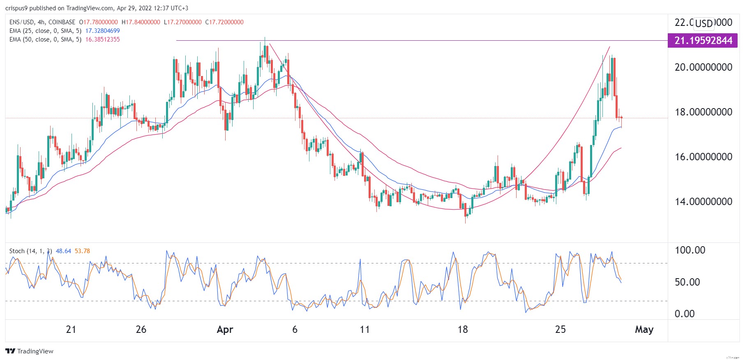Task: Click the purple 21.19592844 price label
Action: tap(703, 41)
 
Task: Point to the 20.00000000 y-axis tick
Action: tap(703, 67)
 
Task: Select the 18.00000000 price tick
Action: tap(703, 112)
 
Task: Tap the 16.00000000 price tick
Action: tap(703, 157)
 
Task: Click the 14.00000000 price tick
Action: tap(703, 201)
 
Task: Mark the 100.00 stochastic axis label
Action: tap(690, 250)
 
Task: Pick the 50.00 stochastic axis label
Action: tap(687, 282)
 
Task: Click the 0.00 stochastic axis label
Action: tap(685, 314)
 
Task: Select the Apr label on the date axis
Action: tap(225, 330)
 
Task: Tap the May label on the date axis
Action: tap(644, 330)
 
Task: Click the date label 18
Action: tap(463, 330)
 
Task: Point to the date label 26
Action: tap(141, 330)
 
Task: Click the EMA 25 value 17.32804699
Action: tap(102, 31)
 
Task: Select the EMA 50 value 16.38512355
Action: tap(102, 39)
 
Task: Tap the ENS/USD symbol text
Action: tap(21, 22)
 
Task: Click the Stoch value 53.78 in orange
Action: tap(82, 251)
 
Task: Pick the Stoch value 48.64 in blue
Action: tap(63, 251)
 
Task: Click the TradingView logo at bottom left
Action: tap(29, 351)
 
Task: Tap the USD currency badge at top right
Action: tap(703, 23)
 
